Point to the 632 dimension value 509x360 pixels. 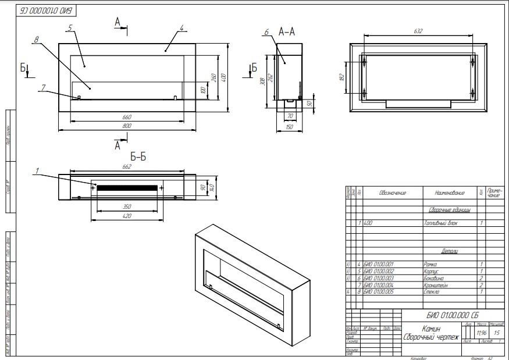[x=418, y=31]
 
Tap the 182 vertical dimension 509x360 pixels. [x=343, y=76]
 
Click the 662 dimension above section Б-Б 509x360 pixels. [x=127, y=167]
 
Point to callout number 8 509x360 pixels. [x=36, y=40]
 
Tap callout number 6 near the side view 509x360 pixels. [x=266, y=33]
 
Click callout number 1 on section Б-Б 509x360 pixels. [x=37, y=171]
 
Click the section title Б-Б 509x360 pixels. [x=139, y=157]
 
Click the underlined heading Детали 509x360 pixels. [x=449, y=251]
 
